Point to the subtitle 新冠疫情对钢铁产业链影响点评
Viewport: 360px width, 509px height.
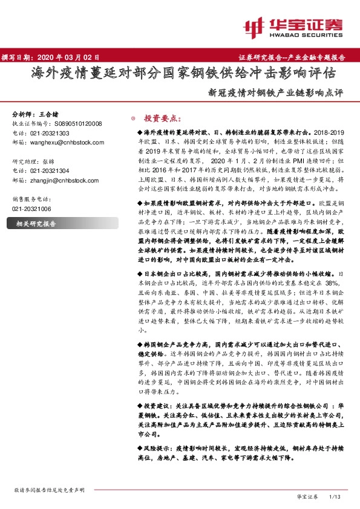click(x=275, y=94)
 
